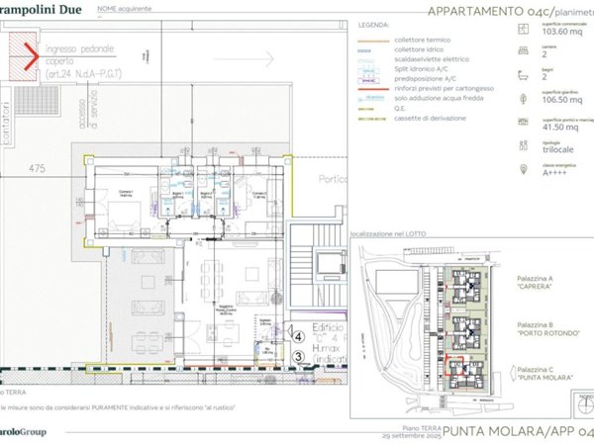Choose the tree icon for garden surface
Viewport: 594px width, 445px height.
click(523, 97)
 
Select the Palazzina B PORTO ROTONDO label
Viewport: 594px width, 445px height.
click(545, 328)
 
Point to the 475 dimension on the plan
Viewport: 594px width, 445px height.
click(38, 167)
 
